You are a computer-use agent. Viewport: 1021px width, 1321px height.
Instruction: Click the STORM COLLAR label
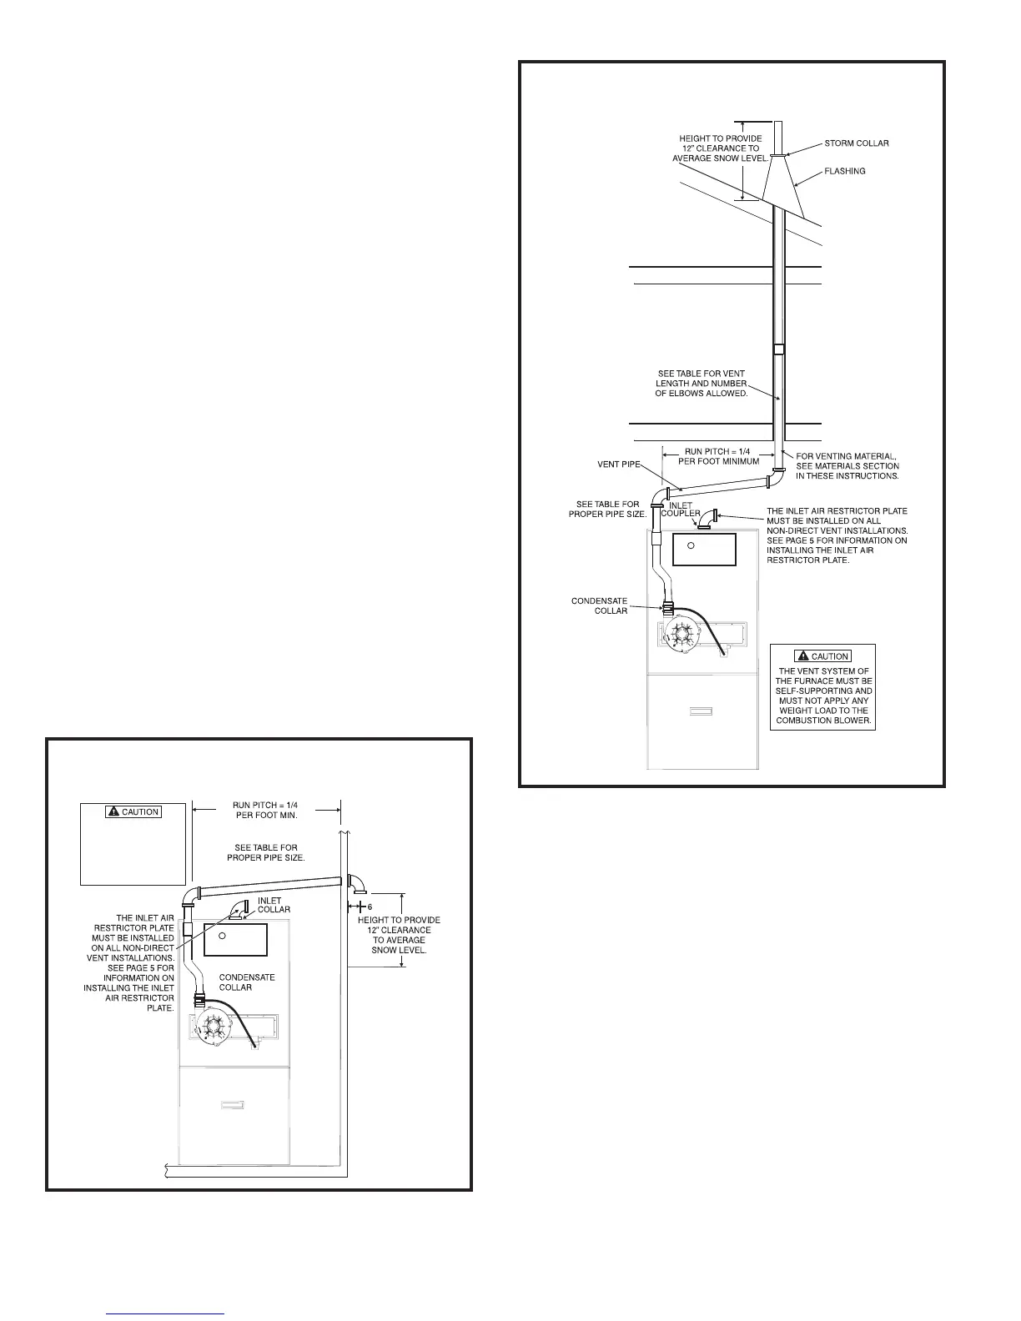click(x=856, y=143)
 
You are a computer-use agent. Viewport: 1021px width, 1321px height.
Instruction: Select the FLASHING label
click(x=844, y=171)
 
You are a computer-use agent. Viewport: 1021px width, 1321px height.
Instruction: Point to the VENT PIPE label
click(x=619, y=464)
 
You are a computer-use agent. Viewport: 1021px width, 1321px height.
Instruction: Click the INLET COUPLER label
click(x=681, y=509)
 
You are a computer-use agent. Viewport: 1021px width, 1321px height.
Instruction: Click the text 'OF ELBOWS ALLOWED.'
click(x=701, y=394)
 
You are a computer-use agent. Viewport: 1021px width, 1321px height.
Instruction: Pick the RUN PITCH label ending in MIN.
click(x=265, y=810)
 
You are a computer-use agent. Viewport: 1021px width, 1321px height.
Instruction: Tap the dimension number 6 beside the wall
click(x=368, y=906)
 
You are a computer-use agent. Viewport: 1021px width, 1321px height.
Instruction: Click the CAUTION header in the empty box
click(x=133, y=811)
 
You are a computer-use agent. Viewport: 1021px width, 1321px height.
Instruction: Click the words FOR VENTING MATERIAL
click(x=847, y=456)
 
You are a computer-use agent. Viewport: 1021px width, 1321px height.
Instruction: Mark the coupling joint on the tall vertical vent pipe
click(x=778, y=349)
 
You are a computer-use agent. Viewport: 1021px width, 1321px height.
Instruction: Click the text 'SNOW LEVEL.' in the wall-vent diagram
click(x=399, y=950)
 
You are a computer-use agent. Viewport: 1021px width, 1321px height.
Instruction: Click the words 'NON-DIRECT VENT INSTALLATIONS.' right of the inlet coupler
click(x=837, y=530)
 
